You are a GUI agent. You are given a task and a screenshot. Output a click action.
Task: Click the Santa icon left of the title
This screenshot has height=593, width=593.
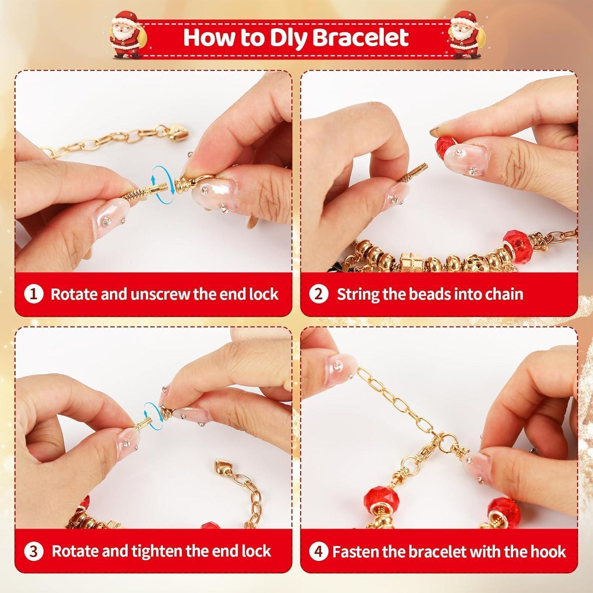click(125, 36)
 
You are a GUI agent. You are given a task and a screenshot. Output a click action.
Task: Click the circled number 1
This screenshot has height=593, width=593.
click(34, 294)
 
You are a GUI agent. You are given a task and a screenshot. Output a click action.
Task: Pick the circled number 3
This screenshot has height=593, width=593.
click(34, 551)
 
